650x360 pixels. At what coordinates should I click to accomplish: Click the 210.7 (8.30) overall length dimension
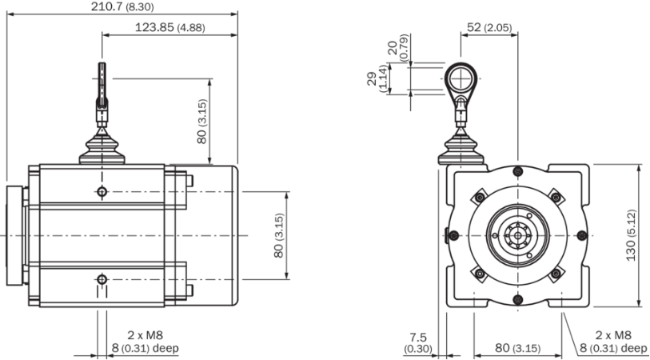coord(117,6)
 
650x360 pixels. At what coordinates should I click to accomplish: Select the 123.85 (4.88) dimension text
coord(170,28)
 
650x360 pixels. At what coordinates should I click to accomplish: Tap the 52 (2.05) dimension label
coord(489,27)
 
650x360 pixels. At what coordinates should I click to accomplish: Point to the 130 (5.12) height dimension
coord(631,235)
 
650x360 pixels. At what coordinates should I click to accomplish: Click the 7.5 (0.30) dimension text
coord(418,343)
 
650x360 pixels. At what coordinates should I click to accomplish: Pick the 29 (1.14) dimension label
coord(377,79)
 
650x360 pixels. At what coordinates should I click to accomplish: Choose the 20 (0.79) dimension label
coord(398,48)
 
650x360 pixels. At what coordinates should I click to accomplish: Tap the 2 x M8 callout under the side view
coord(145,342)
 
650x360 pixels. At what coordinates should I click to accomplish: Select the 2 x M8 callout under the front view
coord(612,342)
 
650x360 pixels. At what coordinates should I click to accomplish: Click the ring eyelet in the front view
coord(461,79)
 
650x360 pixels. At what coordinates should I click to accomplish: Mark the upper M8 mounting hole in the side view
coord(102,192)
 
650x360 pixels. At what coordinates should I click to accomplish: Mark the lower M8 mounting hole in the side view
coord(102,279)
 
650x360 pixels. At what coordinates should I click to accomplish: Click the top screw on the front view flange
coord(518,171)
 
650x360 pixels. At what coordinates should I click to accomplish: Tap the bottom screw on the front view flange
coord(518,299)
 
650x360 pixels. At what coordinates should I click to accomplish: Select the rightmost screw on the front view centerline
coord(582,235)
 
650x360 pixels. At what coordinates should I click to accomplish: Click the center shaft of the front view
coord(518,235)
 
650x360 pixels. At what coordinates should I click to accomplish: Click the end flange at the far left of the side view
coord(14,235)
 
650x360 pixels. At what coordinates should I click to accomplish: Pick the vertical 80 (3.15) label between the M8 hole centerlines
coord(278,235)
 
